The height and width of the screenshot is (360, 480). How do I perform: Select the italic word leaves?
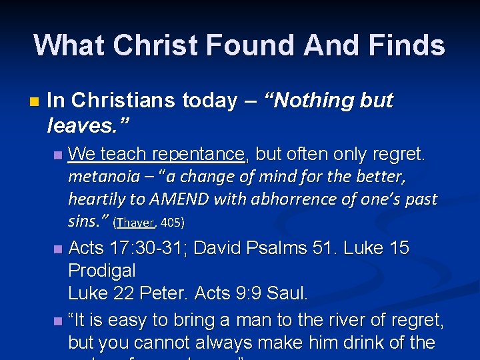(x=85, y=123)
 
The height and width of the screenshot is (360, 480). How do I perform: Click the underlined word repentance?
(x=199, y=155)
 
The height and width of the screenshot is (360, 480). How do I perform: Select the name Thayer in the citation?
(x=139, y=222)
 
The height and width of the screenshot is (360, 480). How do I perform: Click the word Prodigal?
(x=101, y=271)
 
